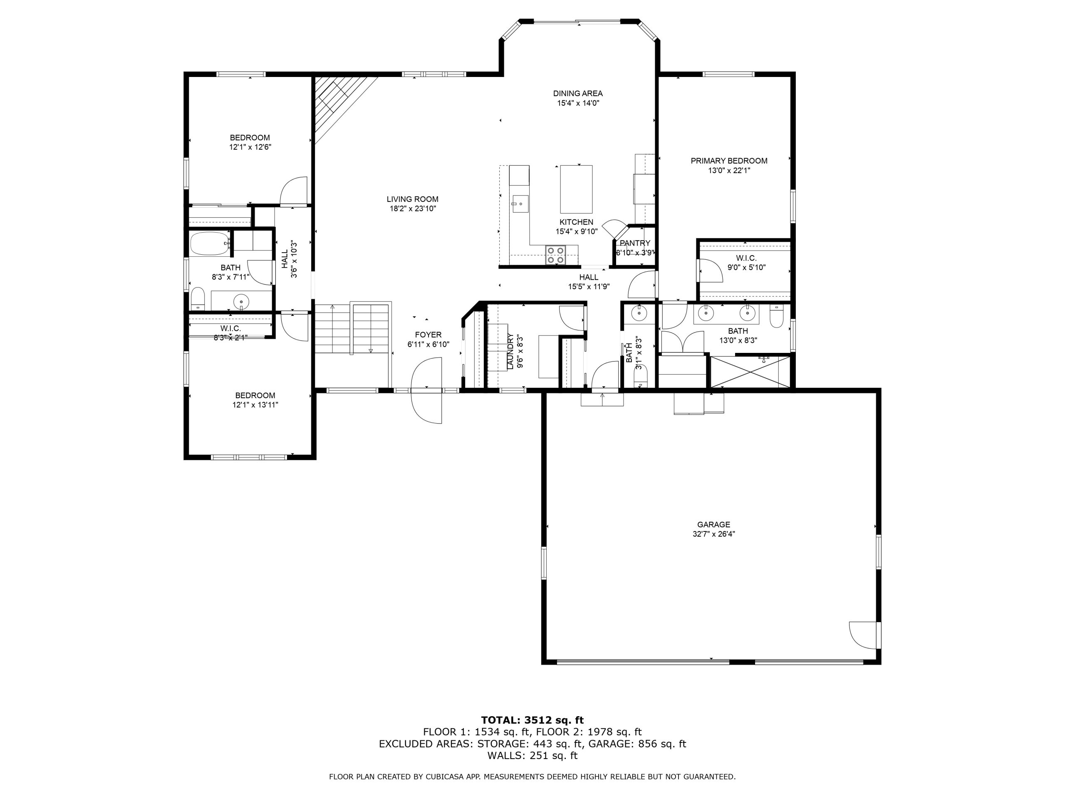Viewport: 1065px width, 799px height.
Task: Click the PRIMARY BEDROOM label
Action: click(x=729, y=161)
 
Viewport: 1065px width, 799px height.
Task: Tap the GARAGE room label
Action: click(x=713, y=524)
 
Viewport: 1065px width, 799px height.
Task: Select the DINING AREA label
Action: click(x=578, y=94)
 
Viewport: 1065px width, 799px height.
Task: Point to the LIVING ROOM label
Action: click(x=413, y=199)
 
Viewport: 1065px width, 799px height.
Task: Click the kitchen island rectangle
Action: click(x=576, y=189)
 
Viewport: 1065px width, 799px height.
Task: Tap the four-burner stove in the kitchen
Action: click(x=556, y=255)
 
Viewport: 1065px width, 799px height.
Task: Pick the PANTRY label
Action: click(x=635, y=243)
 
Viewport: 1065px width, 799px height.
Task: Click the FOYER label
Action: click(x=428, y=335)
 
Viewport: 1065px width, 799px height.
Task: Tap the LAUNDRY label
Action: click(x=510, y=352)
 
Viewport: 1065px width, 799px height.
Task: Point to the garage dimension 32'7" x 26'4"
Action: click(x=713, y=534)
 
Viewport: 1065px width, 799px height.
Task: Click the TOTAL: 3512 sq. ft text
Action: click(x=532, y=720)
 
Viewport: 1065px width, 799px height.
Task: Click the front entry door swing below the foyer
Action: click(x=426, y=391)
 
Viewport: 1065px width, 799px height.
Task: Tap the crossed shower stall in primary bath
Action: click(x=750, y=371)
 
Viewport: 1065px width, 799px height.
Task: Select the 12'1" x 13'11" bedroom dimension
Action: click(x=255, y=405)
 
